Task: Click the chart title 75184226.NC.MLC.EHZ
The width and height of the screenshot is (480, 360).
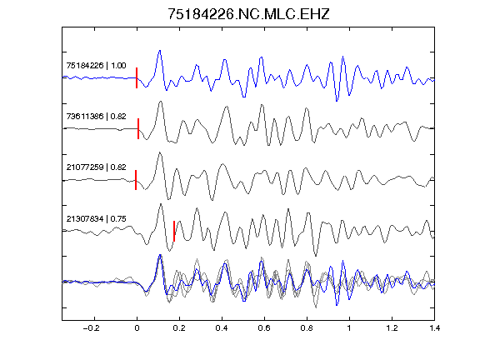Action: tap(248, 14)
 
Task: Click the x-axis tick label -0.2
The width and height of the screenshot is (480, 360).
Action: tap(91, 328)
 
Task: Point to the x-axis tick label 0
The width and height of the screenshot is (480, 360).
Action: tap(137, 328)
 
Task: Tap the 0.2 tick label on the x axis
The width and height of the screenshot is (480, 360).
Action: tap(179, 328)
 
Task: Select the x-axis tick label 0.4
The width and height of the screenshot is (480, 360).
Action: tap(222, 328)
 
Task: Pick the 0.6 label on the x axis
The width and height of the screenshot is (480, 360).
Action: tap(264, 328)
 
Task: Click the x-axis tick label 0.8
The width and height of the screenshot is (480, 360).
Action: tap(307, 328)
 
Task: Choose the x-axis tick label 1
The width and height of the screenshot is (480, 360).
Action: tap(349, 328)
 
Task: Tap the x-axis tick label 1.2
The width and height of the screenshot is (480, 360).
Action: tap(392, 328)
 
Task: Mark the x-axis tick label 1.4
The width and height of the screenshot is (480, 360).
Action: tap(434, 328)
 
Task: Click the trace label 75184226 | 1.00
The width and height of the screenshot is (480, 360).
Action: tap(96, 66)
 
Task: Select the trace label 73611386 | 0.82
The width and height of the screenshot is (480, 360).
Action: tap(96, 117)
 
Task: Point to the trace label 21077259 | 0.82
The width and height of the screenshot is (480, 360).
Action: tap(96, 167)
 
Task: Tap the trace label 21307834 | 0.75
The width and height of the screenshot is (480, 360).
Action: tap(96, 219)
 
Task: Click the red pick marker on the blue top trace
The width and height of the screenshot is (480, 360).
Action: tap(137, 78)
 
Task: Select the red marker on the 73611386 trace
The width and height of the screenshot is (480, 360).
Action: tap(138, 129)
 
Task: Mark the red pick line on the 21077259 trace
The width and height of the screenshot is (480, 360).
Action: tap(136, 180)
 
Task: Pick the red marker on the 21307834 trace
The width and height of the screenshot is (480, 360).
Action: tap(174, 231)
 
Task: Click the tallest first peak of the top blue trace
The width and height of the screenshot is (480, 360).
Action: tap(159, 51)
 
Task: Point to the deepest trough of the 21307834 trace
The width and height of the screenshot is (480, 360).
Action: tap(316, 256)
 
